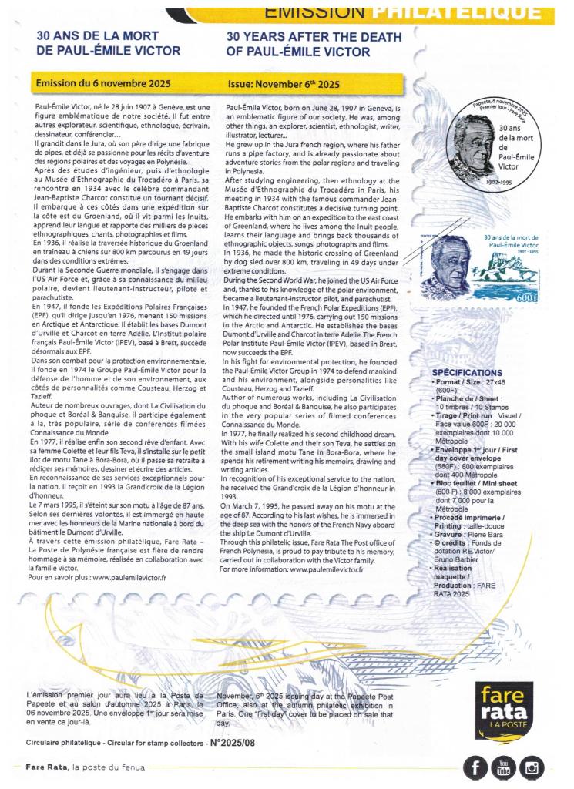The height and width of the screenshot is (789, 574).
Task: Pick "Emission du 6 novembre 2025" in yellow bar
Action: (x=91, y=83)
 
